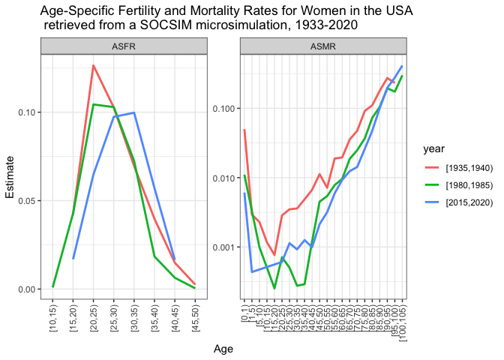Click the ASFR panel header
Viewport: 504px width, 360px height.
(x=124, y=46)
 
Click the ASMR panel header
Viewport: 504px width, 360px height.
(x=323, y=46)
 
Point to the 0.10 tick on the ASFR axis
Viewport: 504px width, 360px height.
(x=27, y=112)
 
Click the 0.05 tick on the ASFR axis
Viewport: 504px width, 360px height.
(x=27, y=201)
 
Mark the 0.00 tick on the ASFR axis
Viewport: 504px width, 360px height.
(x=27, y=289)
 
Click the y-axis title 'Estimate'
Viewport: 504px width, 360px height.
(x=10, y=178)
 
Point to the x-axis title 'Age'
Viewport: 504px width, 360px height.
(x=223, y=349)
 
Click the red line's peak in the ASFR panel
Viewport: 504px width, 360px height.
(x=93, y=65)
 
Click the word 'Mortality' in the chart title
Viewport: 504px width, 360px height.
(x=191, y=11)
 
